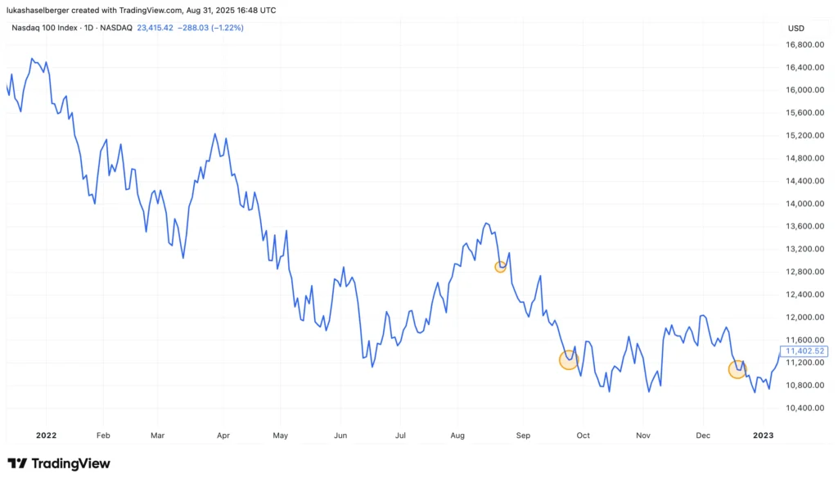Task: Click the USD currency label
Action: [x=795, y=28]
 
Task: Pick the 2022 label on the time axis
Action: [x=46, y=436]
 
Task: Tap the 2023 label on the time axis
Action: [x=763, y=436]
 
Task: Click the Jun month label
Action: [x=340, y=436]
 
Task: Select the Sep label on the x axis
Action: [x=524, y=436]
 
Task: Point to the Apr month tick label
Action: [x=222, y=436]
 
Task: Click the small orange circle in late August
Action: [x=501, y=267]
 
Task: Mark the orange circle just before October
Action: [x=569, y=359]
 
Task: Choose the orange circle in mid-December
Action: [x=737, y=369]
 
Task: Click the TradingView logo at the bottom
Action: [x=59, y=463]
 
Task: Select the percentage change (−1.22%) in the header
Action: [x=228, y=28]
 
